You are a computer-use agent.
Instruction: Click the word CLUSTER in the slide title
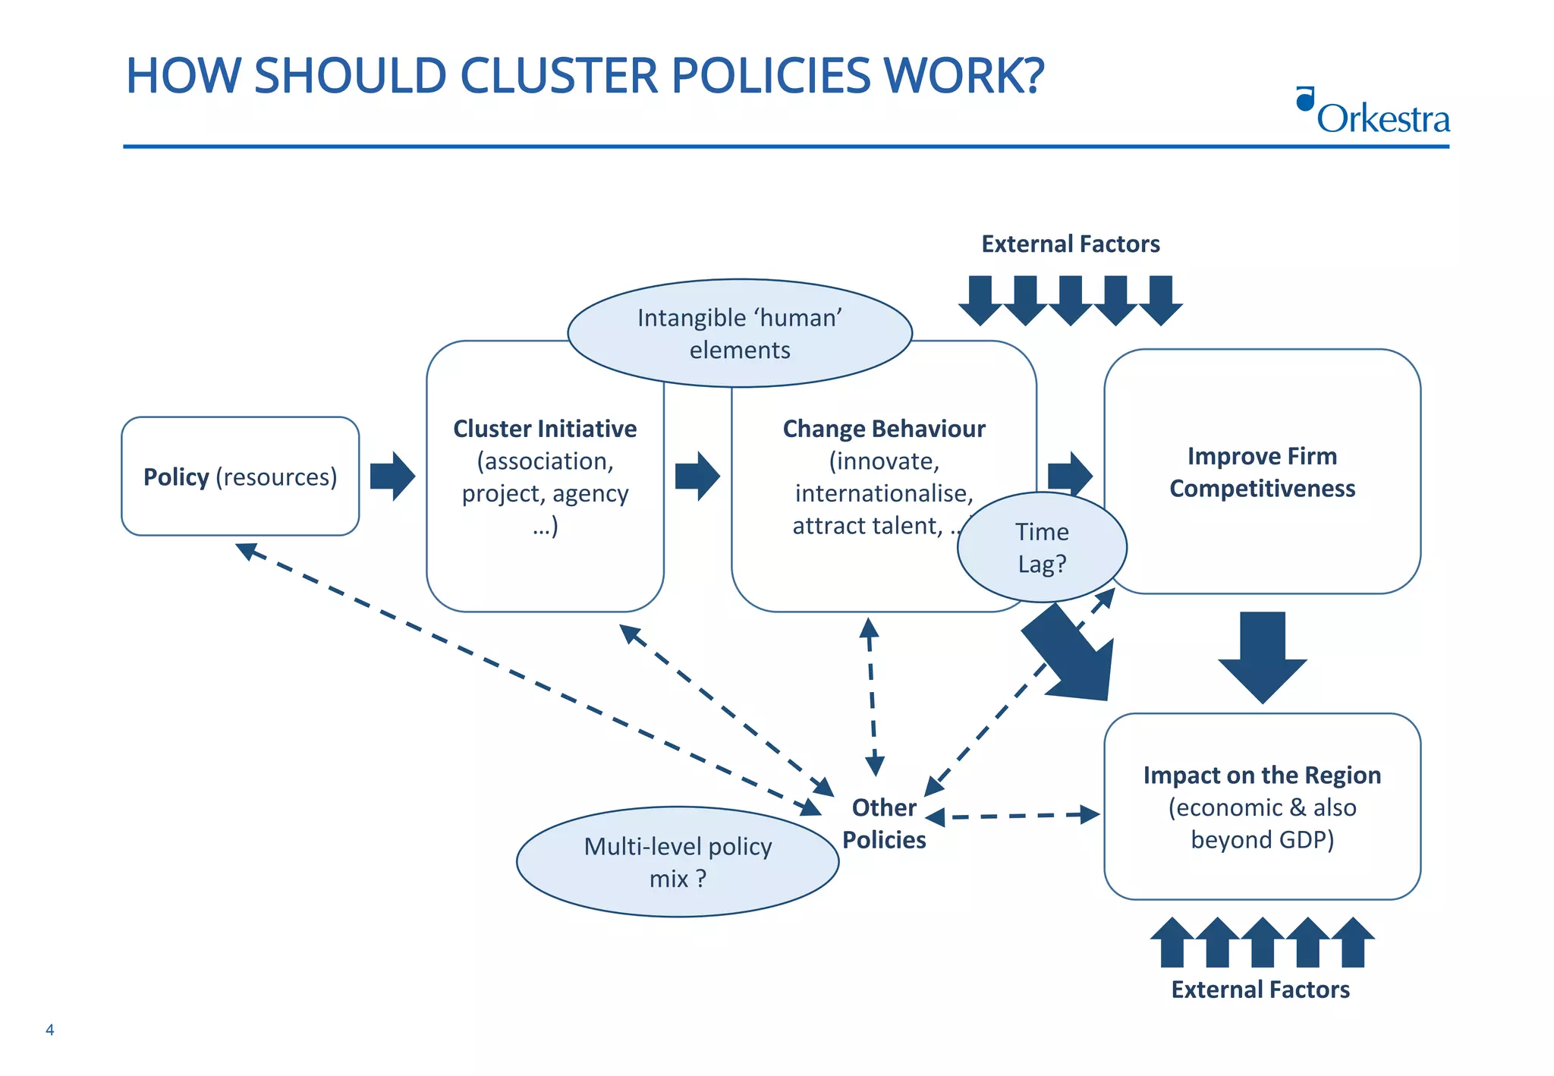tap(558, 77)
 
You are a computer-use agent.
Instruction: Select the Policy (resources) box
tap(240, 477)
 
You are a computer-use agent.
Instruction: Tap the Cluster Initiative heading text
tap(545, 429)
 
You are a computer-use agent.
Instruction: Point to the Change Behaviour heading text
tap(883, 429)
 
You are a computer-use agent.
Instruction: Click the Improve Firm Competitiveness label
tap(1262, 472)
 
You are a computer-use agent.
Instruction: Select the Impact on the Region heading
tap(1262, 775)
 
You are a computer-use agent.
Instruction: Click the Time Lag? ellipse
tap(1042, 548)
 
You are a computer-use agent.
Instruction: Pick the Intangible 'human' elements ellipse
tap(740, 334)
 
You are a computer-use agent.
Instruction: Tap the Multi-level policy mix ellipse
tap(678, 862)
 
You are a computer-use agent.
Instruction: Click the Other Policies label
tap(884, 823)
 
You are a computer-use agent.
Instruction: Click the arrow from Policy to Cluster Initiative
tap(392, 477)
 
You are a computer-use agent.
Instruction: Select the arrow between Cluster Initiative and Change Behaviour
tap(697, 477)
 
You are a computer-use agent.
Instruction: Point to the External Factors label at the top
tap(1070, 244)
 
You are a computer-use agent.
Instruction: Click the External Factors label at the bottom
tap(1260, 989)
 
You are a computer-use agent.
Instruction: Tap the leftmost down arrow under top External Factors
tap(980, 300)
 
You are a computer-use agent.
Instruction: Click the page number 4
tap(50, 1030)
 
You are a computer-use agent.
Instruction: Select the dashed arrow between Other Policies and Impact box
tap(1013, 816)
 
